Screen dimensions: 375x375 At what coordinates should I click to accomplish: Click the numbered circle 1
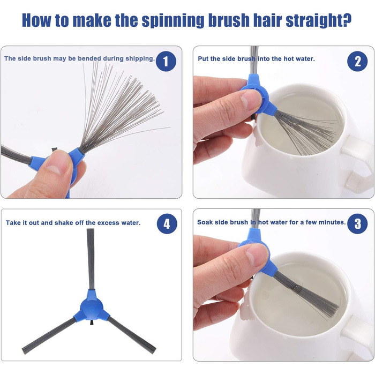click(x=166, y=61)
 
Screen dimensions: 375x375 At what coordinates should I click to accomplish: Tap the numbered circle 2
click(x=357, y=61)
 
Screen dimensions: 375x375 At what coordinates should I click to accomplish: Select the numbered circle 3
click(x=357, y=224)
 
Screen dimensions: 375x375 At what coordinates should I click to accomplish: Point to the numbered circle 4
click(x=167, y=224)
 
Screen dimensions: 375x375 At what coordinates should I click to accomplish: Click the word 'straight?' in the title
click(x=319, y=20)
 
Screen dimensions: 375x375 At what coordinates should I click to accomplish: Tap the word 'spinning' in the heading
click(x=172, y=20)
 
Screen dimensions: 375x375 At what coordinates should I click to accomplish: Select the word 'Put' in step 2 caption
click(x=203, y=58)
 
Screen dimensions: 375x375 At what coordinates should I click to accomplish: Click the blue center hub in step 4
click(x=92, y=307)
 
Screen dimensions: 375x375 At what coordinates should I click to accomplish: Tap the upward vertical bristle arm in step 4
click(x=90, y=259)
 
